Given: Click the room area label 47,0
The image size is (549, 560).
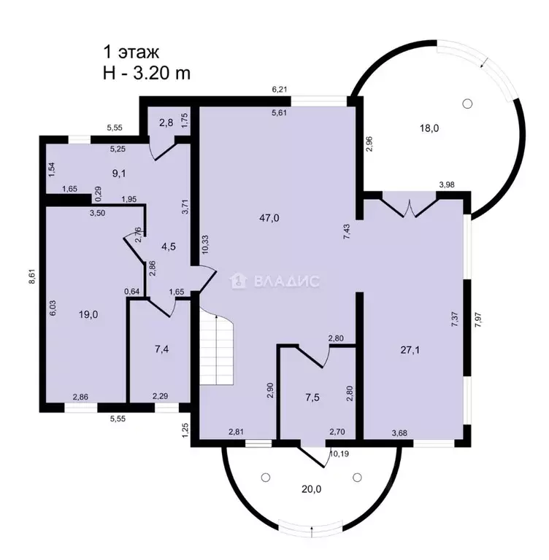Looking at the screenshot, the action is (269, 217).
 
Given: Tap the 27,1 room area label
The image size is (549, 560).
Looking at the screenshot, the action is (410, 350).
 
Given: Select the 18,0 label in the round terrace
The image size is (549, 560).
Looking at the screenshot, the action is (429, 128).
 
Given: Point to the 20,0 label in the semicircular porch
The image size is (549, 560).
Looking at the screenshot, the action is (311, 489).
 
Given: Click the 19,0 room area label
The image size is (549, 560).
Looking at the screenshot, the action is (88, 314).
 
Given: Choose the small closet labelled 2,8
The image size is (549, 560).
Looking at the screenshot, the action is (166, 122).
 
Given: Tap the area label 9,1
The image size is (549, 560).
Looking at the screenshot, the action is (119, 174).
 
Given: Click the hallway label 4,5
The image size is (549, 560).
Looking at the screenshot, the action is (169, 246).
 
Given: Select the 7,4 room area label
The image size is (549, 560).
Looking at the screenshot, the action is (161, 349).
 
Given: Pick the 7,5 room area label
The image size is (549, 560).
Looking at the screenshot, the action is (312, 397).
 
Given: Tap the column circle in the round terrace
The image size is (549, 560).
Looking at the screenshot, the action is (467, 104).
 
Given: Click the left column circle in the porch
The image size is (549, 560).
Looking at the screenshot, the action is (266, 477).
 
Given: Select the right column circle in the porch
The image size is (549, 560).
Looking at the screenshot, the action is (357, 477).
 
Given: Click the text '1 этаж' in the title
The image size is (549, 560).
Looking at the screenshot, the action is (131, 52).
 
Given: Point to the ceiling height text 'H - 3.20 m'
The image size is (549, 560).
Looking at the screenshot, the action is (147, 74).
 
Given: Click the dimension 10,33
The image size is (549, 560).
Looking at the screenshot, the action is (205, 244).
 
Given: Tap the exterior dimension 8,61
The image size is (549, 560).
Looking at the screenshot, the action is (32, 276).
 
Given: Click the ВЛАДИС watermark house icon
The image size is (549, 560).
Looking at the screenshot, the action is (238, 281).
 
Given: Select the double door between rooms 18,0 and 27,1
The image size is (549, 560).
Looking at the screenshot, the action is (410, 205).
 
